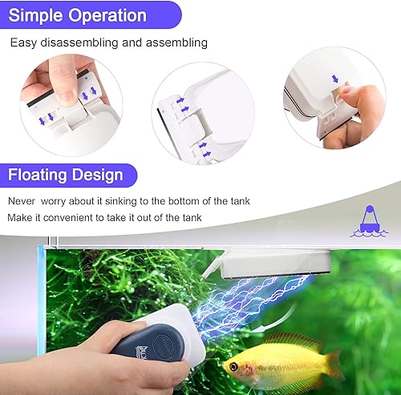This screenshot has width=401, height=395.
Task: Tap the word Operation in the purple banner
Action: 107,14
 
